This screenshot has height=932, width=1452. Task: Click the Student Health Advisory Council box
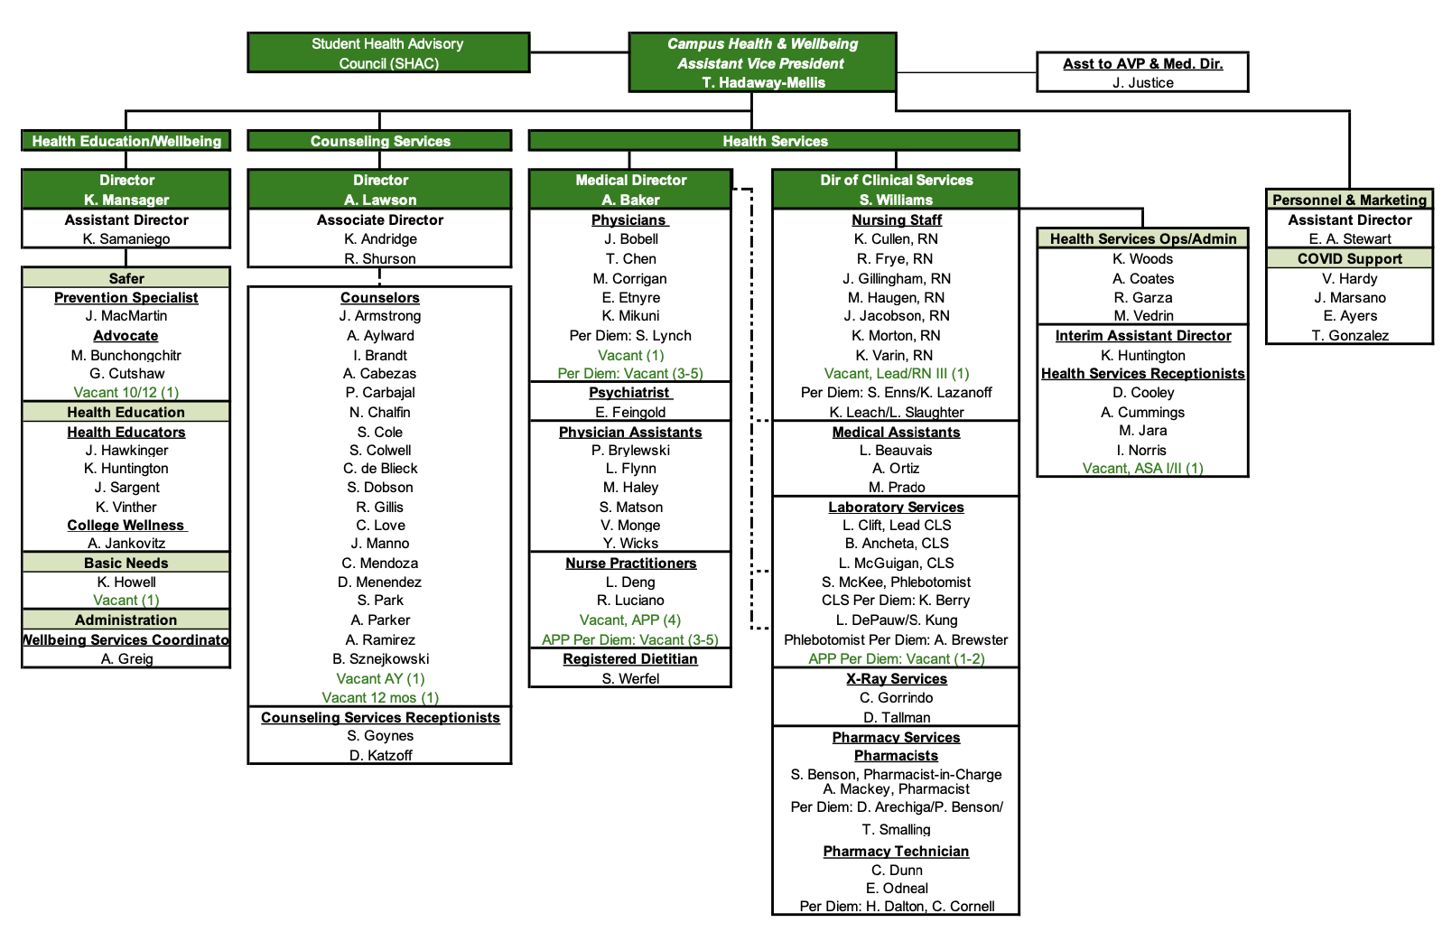click(388, 53)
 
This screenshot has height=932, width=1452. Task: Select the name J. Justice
click(1142, 83)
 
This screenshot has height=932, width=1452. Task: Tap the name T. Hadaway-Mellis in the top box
click(763, 83)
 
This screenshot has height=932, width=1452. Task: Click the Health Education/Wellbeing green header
click(126, 142)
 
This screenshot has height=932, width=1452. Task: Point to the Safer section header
click(126, 278)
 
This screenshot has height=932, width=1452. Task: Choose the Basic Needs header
click(126, 563)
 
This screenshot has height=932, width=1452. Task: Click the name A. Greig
click(126, 659)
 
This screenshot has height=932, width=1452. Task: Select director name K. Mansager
click(126, 200)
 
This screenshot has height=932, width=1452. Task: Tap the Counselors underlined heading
click(379, 298)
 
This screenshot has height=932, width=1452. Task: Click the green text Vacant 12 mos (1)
click(380, 698)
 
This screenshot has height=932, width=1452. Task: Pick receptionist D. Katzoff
click(380, 755)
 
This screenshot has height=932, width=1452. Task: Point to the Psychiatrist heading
click(629, 393)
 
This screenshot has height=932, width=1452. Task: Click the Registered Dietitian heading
click(629, 659)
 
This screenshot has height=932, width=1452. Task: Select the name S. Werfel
click(630, 679)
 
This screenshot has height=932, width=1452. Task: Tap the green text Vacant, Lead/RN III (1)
click(896, 374)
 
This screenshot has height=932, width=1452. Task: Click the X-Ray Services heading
click(896, 679)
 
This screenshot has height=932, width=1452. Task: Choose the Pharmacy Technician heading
click(896, 852)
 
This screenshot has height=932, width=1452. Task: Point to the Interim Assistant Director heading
click(1142, 336)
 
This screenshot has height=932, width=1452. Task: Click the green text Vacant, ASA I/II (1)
click(1142, 469)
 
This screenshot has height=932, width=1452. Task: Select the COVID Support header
click(1349, 259)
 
